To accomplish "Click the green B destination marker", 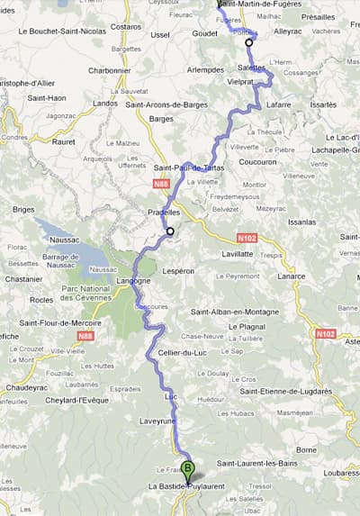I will [187, 469].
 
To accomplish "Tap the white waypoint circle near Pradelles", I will [169, 232].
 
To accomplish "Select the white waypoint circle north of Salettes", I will [249, 41].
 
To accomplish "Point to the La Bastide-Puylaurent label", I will [180, 487].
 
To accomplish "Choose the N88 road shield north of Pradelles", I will [161, 186].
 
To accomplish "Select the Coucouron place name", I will [259, 163].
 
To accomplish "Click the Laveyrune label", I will [157, 418].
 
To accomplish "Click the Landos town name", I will [105, 103].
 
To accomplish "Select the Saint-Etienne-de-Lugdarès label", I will [285, 392].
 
